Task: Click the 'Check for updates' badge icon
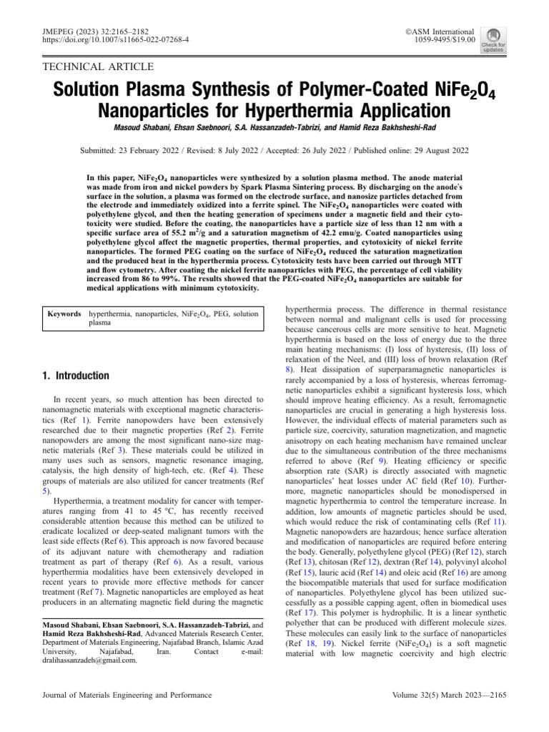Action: tap(493, 40)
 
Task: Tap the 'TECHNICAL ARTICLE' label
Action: tap(99, 67)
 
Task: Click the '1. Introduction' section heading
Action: tap(76, 376)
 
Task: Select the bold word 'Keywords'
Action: tap(63, 314)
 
